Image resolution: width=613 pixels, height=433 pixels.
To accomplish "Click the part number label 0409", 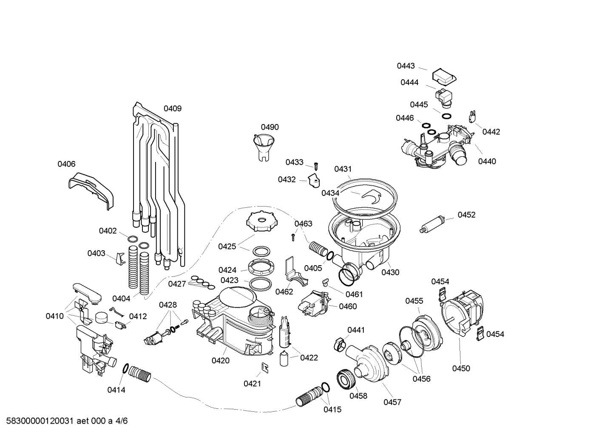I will (173, 108).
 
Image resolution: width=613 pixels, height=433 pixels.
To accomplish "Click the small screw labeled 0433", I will (316, 166).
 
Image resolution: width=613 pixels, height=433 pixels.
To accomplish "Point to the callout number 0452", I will (466, 215).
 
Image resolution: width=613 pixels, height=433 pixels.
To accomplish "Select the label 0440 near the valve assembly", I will (487, 161).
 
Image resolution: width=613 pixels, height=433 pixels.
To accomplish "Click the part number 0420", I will (221, 361).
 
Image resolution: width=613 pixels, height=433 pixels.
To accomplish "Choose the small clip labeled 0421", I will (264, 367).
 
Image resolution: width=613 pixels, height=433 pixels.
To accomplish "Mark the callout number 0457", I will (392, 402).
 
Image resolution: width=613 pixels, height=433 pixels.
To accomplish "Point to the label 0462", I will (284, 291).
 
